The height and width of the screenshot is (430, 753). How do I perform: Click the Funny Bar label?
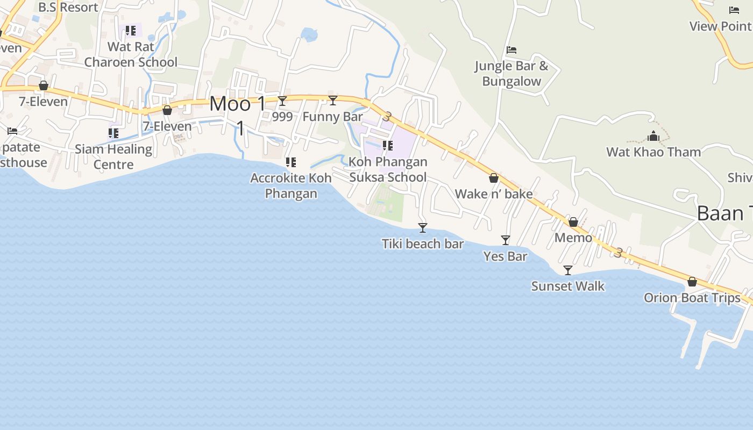coord(332,117)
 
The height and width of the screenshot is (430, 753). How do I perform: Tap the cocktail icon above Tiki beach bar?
coord(423,228)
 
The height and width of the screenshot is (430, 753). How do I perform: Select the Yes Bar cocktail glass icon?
coord(506,240)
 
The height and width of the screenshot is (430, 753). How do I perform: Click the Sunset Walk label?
coord(568,286)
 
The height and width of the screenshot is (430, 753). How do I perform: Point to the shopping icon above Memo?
coord(573,222)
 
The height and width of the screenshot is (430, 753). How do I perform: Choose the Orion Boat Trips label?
coord(692,297)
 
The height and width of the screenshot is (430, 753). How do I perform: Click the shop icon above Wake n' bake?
coord(493,178)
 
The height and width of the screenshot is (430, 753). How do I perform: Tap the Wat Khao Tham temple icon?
coord(653,136)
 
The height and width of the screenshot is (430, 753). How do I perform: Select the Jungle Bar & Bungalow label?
coord(512,74)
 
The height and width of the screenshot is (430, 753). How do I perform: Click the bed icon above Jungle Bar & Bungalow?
coord(512,50)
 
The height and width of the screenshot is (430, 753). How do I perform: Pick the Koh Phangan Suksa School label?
coord(388,169)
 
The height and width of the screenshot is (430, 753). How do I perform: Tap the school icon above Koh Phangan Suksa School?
coord(388,145)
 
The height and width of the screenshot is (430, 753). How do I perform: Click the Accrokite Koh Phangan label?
coord(291,185)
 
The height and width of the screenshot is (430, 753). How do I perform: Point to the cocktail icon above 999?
coord(282,101)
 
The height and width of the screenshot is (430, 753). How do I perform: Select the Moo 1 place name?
coord(238,104)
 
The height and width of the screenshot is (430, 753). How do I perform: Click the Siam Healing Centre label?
coord(113,156)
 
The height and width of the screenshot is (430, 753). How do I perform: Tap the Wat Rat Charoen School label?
coord(131,54)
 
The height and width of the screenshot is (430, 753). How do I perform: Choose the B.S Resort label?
coord(68,8)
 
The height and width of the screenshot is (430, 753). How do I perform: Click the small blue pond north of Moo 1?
coord(309,35)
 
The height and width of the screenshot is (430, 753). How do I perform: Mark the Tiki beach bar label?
coord(423,244)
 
